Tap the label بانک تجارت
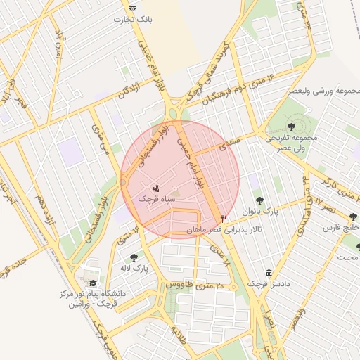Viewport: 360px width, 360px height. tap(133, 19)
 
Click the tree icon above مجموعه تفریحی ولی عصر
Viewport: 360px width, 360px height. tap(291, 126)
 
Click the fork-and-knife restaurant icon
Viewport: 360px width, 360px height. tap(224, 219)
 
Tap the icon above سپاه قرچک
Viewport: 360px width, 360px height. tap(157, 188)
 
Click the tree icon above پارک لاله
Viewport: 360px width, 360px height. tap(134, 257)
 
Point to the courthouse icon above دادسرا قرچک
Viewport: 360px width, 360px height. tap(269, 273)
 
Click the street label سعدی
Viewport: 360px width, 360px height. tap(226, 143)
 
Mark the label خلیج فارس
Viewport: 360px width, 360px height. tap(341, 229)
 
